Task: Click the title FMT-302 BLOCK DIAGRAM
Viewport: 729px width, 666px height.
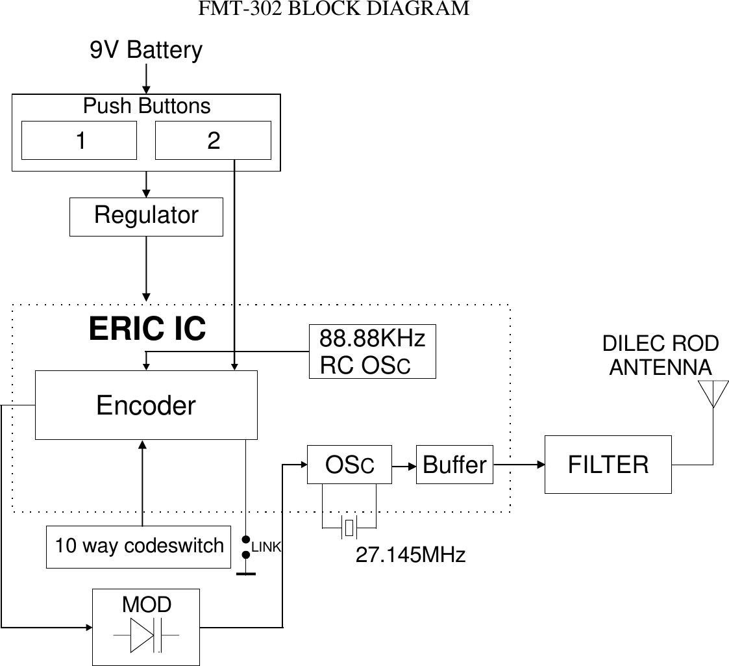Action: pos(334,9)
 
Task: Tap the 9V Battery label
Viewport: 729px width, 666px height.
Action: pos(146,50)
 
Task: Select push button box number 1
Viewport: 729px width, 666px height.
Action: pos(79,140)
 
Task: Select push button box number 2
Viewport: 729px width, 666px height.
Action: pos(213,140)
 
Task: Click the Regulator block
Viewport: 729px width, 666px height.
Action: pos(146,216)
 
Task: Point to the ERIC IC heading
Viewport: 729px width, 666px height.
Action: pos(147,329)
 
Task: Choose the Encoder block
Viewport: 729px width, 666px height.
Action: pos(146,405)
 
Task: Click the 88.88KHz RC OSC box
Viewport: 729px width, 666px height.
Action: pos(372,352)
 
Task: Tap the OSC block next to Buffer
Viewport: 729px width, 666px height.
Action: pos(349,465)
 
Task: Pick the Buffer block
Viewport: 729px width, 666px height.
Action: pos(454,465)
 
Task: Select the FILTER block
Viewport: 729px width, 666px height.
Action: pos(608,465)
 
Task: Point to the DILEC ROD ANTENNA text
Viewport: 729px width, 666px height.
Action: pos(660,355)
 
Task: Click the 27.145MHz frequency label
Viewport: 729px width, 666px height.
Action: pos(410,555)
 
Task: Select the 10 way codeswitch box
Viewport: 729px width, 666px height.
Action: pos(139,546)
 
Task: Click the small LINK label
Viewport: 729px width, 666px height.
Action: pos(266,548)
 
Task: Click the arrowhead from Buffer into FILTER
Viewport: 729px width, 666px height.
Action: pos(539,465)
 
